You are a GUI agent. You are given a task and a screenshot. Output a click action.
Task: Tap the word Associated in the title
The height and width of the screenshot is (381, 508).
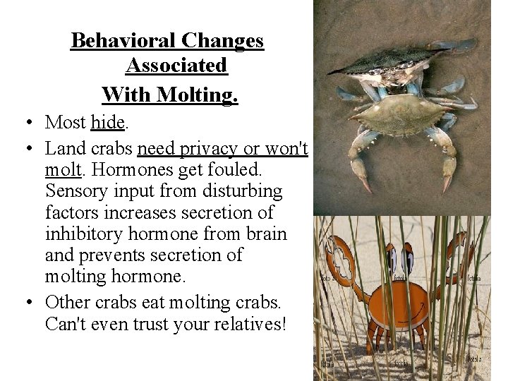176,66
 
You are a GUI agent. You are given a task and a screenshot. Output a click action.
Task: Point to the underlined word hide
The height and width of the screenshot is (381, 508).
107,122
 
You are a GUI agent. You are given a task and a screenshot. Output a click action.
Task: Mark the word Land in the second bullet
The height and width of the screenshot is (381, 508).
64,150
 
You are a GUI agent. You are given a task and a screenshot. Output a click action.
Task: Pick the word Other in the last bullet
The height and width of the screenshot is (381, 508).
67,303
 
